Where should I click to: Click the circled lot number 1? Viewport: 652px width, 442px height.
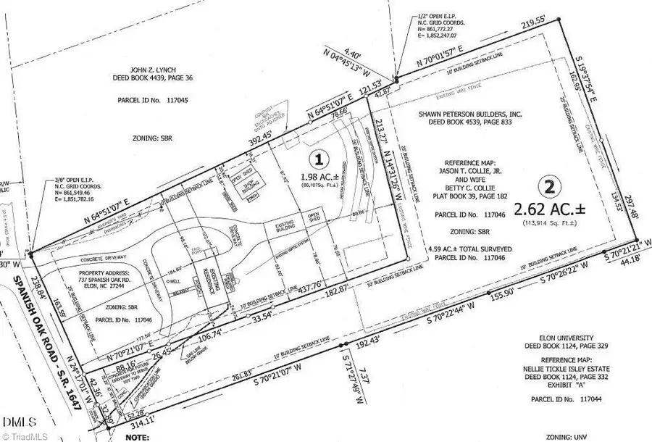(316, 157)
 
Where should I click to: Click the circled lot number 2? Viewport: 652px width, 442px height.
(551, 186)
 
